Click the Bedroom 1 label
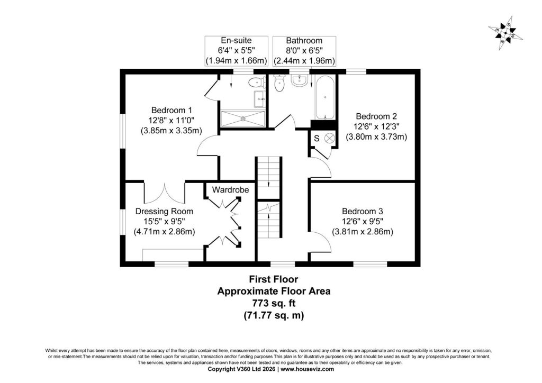click(x=171, y=111)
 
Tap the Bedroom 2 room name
click(x=376, y=116)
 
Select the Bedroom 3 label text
click(x=363, y=212)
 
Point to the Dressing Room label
click(x=164, y=212)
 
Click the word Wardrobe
click(x=230, y=189)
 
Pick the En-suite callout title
click(x=236, y=40)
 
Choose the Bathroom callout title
click(x=304, y=40)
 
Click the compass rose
click(x=505, y=33)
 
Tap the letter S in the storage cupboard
click(x=317, y=139)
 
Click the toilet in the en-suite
click(x=256, y=83)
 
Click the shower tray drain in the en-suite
click(x=243, y=118)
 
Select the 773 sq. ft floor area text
click(x=274, y=303)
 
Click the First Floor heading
click(x=274, y=279)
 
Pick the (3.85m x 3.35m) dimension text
click(x=171, y=131)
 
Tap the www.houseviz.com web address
click(x=308, y=369)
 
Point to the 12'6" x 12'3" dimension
click(x=376, y=126)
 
